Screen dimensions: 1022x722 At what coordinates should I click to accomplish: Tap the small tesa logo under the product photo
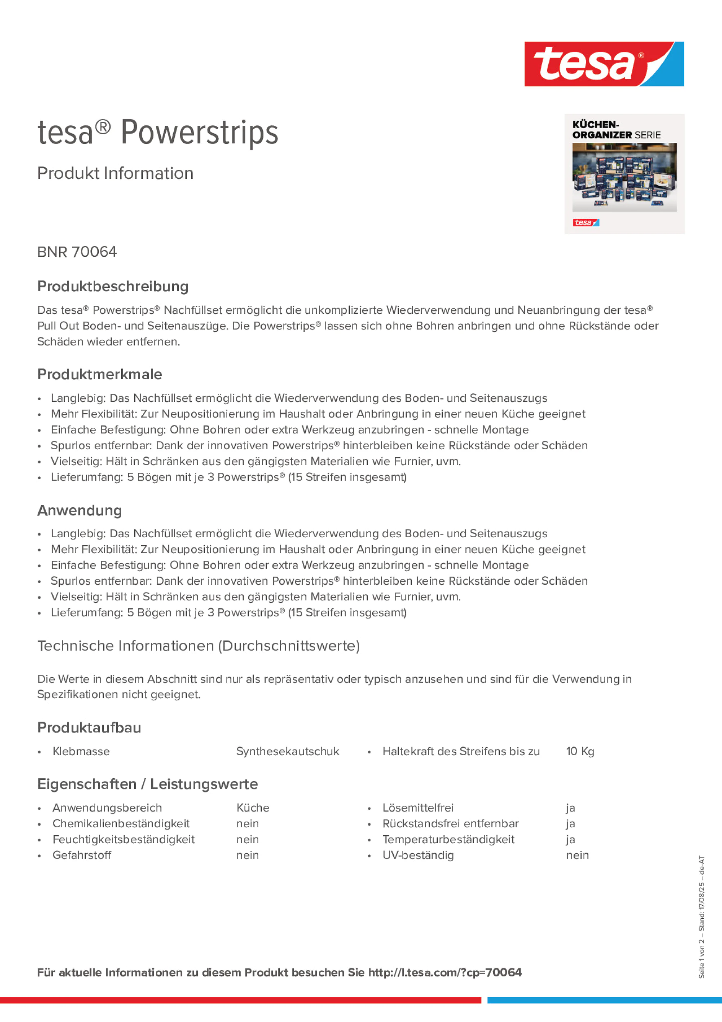pos(585,223)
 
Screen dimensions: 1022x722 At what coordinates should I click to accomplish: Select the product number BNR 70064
pos(77,252)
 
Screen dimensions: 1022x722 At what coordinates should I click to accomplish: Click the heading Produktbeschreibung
pos(113,286)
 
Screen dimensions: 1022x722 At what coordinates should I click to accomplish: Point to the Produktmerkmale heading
pos(100,374)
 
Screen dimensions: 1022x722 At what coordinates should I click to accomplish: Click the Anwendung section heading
pos(80,510)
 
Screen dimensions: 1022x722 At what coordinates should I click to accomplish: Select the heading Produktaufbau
pos(89,727)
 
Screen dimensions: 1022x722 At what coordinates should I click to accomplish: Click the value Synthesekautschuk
pos(288,751)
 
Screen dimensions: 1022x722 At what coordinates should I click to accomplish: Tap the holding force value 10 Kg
pos(580,751)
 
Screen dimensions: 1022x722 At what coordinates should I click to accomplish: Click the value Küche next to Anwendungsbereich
pos(253,808)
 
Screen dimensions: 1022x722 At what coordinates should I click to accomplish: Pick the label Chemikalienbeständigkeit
pos(121,823)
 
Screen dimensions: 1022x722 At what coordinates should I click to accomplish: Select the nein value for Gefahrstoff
pos(248,855)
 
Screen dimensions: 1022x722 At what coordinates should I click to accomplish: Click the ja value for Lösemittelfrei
pos(570,808)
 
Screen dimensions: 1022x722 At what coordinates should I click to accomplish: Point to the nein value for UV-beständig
pos(577,855)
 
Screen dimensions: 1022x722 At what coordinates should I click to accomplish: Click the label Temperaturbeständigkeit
pos(448,839)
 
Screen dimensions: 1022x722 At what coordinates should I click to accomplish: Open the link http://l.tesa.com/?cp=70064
pos(445,973)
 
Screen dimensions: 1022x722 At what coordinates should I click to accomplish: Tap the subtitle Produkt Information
pos(115,173)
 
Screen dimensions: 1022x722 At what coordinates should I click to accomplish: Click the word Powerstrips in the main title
pos(199,132)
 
